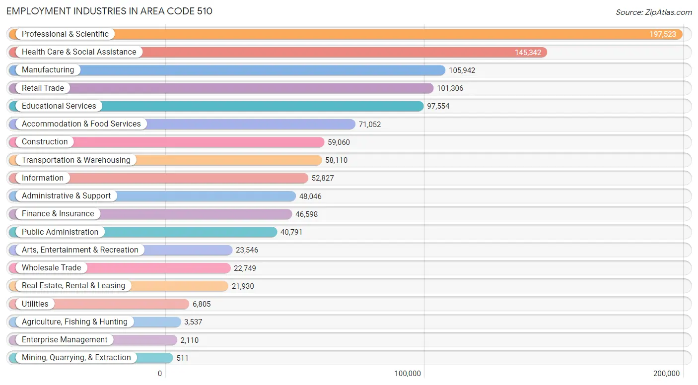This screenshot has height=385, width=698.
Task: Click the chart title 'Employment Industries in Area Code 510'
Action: pyautogui.click(x=109, y=11)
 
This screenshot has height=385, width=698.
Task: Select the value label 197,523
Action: pyautogui.click(x=663, y=34)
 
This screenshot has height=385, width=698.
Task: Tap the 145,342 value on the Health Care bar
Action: pyautogui.click(x=528, y=52)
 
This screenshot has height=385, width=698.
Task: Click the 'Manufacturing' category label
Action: pyautogui.click(x=48, y=70)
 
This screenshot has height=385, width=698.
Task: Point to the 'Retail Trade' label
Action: pyautogui.click(x=43, y=88)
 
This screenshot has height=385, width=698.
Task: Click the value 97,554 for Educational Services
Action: pyautogui.click(x=438, y=106)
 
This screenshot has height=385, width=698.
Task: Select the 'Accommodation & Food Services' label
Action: pyautogui.click(x=81, y=124)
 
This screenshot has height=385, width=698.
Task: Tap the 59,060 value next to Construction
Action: pyautogui.click(x=339, y=142)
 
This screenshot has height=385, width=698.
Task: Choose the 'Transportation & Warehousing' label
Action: pyautogui.click(x=76, y=160)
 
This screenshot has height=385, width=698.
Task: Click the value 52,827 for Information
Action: pyautogui.click(x=323, y=178)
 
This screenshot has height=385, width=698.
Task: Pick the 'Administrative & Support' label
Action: pyautogui.click(x=66, y=196)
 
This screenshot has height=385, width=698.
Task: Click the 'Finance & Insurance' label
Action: pyautogui.click(x=58, y=214)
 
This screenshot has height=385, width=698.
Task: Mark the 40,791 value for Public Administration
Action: pyautogui.click(x=291, y=232)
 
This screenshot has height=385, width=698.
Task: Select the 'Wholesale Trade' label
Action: pyautogui.click(x=51, y=268)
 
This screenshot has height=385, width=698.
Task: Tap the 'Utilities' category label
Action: pyautogui.click(x=35, y=304)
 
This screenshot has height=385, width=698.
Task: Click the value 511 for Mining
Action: pyautogui.click(x=182, y=358)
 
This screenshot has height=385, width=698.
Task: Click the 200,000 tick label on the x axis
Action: pyautogui.click(x=666, y=374)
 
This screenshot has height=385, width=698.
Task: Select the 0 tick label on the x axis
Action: pyautogui.click(x=160, y=374)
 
